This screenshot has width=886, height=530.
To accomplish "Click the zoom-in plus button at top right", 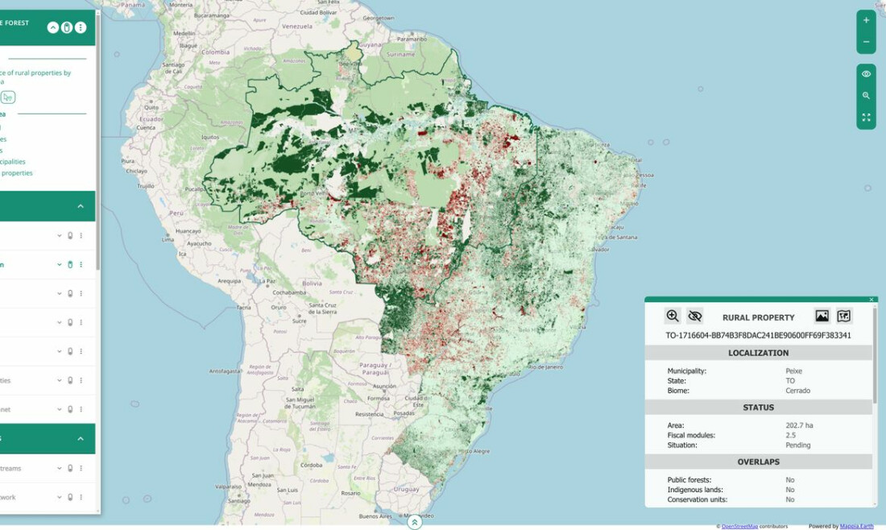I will (866, 20).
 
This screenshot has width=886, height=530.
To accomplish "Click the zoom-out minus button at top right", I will (866, 42).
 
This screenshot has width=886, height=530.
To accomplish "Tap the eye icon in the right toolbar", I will (866, 74).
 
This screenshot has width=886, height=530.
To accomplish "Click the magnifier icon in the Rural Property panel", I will (673, 316).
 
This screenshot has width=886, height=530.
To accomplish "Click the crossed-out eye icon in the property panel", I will (695, 316).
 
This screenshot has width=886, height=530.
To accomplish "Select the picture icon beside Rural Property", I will (822, 317).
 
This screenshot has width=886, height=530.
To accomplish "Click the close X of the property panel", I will (872, 300).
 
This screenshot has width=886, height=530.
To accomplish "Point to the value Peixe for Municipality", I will (793, 371).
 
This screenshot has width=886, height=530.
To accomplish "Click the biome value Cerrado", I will (797, 391).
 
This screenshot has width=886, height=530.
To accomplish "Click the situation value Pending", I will (797, 445).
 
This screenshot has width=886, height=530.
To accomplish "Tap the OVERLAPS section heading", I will (758, 462).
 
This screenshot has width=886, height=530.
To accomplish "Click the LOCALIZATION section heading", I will (758, 353).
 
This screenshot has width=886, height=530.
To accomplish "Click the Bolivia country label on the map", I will (312, 284).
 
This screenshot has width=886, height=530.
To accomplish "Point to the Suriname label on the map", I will (400, 54).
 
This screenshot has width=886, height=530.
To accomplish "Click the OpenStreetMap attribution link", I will (739, 526).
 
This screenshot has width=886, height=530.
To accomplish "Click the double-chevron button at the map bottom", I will (414, 522).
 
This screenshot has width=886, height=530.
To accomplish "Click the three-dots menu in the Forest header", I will (81, 27).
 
